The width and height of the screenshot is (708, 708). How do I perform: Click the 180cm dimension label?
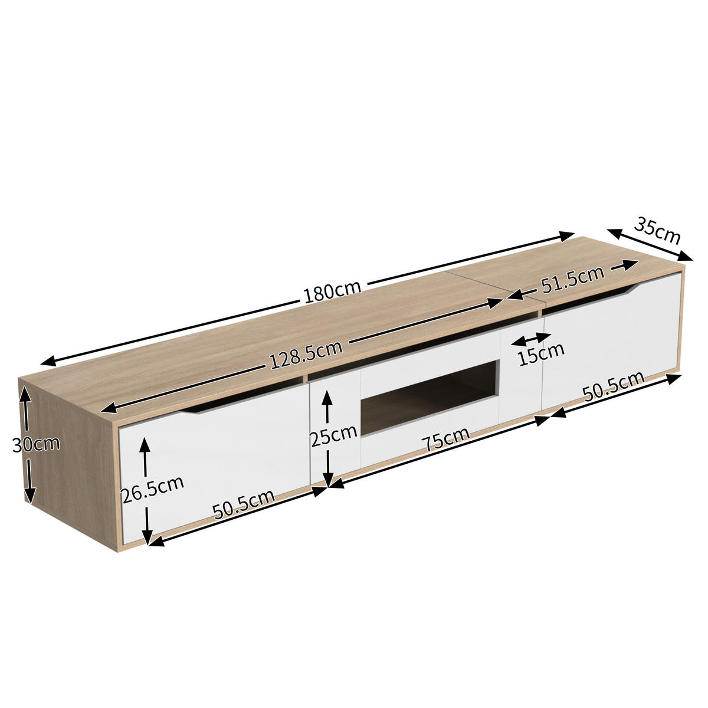pos(332,291)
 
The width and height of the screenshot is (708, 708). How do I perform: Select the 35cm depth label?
pos(657,230)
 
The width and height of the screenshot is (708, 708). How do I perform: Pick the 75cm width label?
pos(446,440)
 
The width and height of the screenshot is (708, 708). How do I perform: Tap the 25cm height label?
pos(333,437)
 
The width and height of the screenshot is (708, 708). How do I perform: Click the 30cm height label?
pos(36,444)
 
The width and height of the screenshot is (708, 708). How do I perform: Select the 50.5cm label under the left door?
pos(244,504)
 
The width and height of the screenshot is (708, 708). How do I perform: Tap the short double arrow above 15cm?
pos(532,339)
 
